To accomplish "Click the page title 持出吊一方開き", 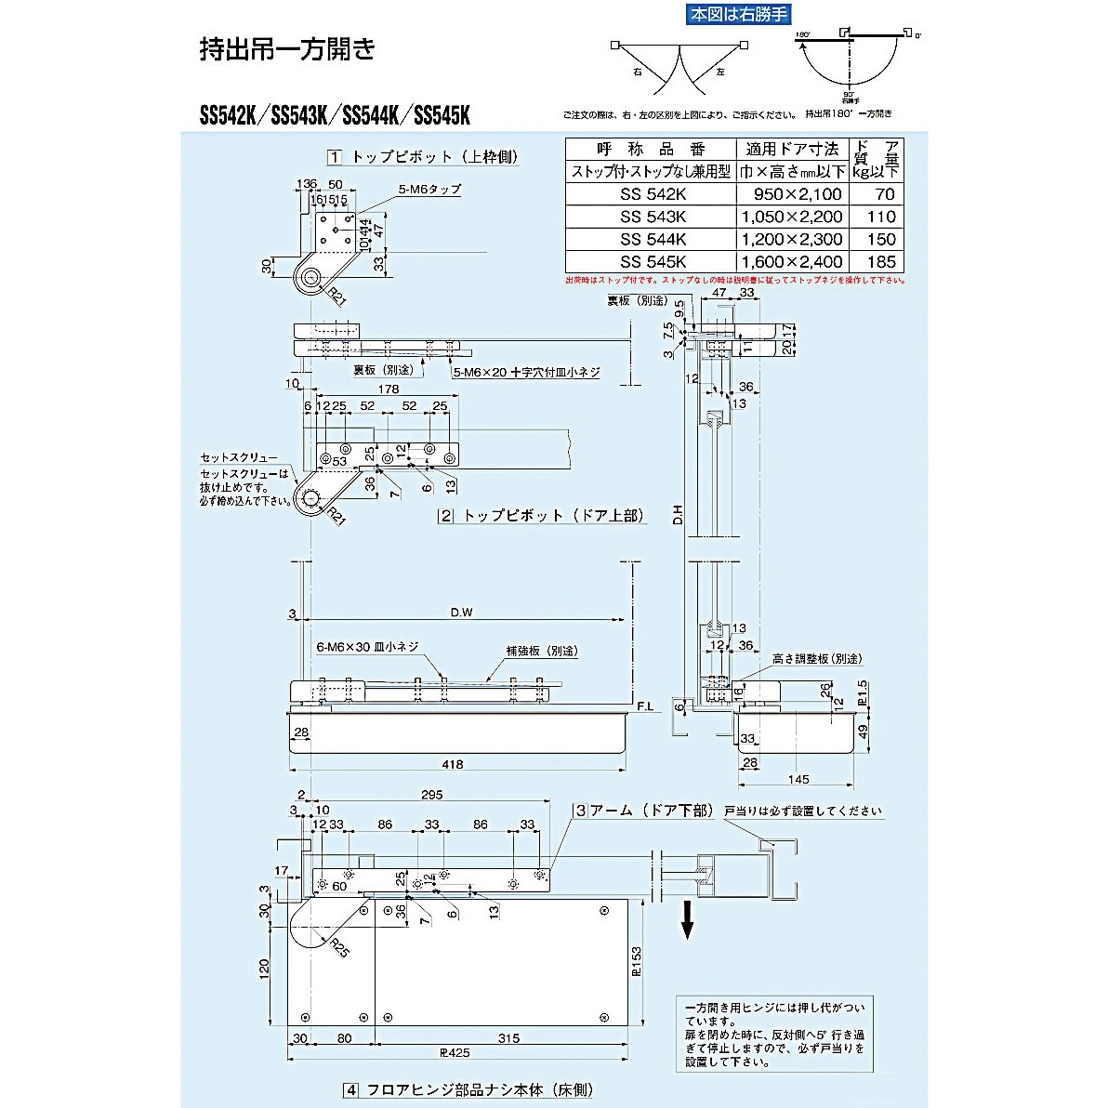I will pos(287,49).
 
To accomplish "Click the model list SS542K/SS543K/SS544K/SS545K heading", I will pos(336,116).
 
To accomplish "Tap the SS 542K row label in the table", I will pos(652,194).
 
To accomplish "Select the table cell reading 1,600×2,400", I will pos(792,262).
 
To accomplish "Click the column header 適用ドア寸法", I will pos(792,149).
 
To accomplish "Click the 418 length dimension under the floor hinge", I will pos(452,764).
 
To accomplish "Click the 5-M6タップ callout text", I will pos(429,190).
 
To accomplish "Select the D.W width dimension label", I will pos(462,613).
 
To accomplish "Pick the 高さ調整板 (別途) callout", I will pos(816,658).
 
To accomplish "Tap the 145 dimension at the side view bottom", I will pos(798,779).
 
